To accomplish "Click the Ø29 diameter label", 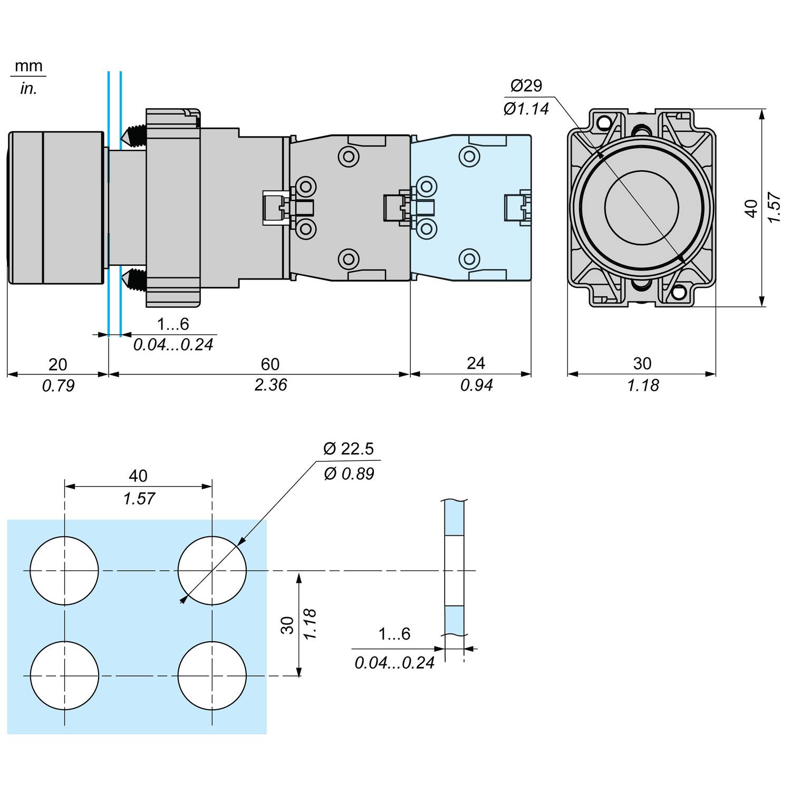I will [526, 85].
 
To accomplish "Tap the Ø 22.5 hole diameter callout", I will [349, 449].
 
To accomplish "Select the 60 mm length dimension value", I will [270, 364].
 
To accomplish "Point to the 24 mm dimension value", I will [476, 363].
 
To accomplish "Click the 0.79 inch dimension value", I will [58, 386].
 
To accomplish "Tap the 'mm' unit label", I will [28, 66].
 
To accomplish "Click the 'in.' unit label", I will [28, 89].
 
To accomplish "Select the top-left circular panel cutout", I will [64, 571].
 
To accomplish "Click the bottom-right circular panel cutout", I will [212, 676].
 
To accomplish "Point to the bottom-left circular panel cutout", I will [64, 676].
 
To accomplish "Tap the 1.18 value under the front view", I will [643, 385].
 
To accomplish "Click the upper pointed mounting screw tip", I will [126, 136].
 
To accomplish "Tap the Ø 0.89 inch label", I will [349, 474].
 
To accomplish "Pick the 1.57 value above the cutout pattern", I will [139, 498].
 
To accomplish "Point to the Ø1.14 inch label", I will [526, 109].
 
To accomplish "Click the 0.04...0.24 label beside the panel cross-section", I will [394, 662].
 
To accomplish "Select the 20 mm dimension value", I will [58, 364].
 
